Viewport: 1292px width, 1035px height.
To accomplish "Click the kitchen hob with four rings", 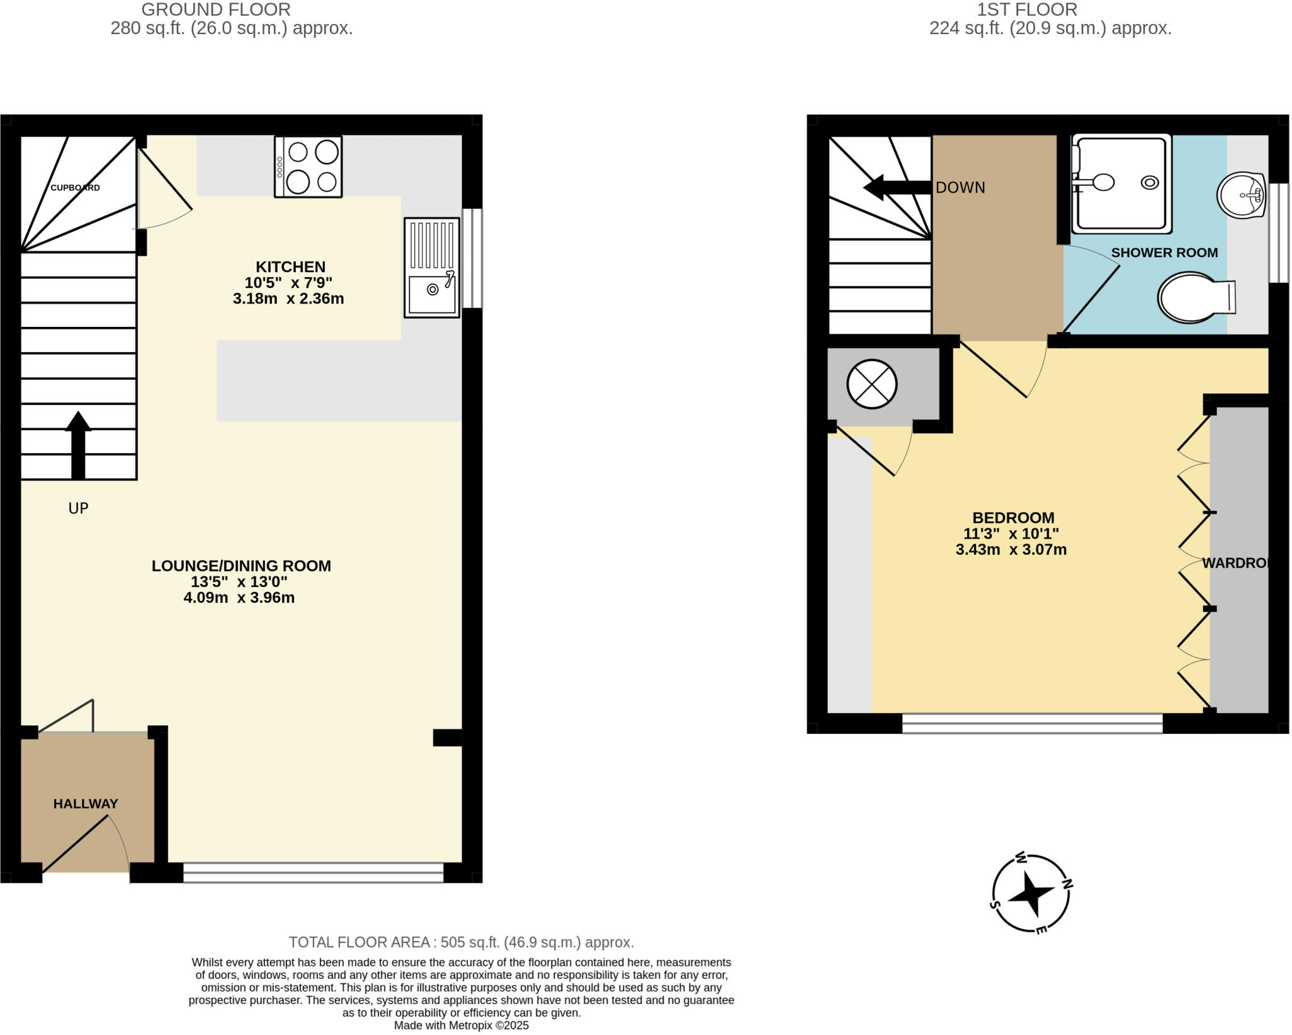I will click(308, 167).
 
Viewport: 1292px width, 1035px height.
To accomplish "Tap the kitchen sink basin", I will click(432, 294).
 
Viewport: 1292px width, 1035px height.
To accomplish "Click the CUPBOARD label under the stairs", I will click(75, 187).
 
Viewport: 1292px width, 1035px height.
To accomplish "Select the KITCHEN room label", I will click(290, 267).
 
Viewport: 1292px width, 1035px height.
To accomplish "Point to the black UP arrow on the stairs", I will click(78, 444).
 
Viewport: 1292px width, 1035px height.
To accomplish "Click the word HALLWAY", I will click(85, 803).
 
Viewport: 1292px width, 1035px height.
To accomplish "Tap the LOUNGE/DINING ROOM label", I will click(241, 565).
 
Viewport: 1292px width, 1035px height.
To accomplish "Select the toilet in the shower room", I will click(1192, 297).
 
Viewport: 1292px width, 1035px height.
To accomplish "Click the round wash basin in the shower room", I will click(1241, 195).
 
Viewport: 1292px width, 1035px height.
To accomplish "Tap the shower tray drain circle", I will click(1149, 182).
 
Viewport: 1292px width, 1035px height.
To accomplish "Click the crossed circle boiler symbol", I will click(871, 384).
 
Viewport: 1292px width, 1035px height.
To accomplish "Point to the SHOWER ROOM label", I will click(1164, 252).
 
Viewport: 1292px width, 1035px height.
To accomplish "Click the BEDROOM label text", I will click(1013, 517).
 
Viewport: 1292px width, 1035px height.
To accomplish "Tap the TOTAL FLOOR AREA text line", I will click(461, 942).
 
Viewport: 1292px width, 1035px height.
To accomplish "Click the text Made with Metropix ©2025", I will click(461, 1026).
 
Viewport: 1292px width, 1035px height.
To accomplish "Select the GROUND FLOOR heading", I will click(216, 9).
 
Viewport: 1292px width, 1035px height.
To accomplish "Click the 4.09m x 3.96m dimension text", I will click(239, 598).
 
